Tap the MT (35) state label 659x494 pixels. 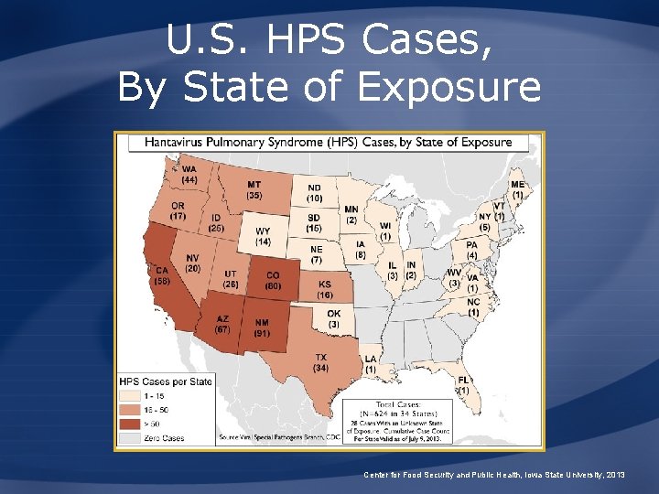point(254,189)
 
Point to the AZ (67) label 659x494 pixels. point(222,324)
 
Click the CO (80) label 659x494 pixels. point(273,281)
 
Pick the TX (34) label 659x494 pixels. point(320,362)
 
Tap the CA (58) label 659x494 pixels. point(161,275)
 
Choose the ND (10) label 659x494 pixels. point(314,193)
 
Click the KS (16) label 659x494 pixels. point(325,290)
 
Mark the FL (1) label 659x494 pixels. point(464,385)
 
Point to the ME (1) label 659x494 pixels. point(518,189)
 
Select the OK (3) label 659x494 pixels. point(334,319)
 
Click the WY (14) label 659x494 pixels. point(263,236)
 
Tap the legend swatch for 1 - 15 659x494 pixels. point(127,396)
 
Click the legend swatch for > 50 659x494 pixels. point(127,424)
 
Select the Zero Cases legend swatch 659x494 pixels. point(127,438)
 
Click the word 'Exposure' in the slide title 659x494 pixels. point(449,87)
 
